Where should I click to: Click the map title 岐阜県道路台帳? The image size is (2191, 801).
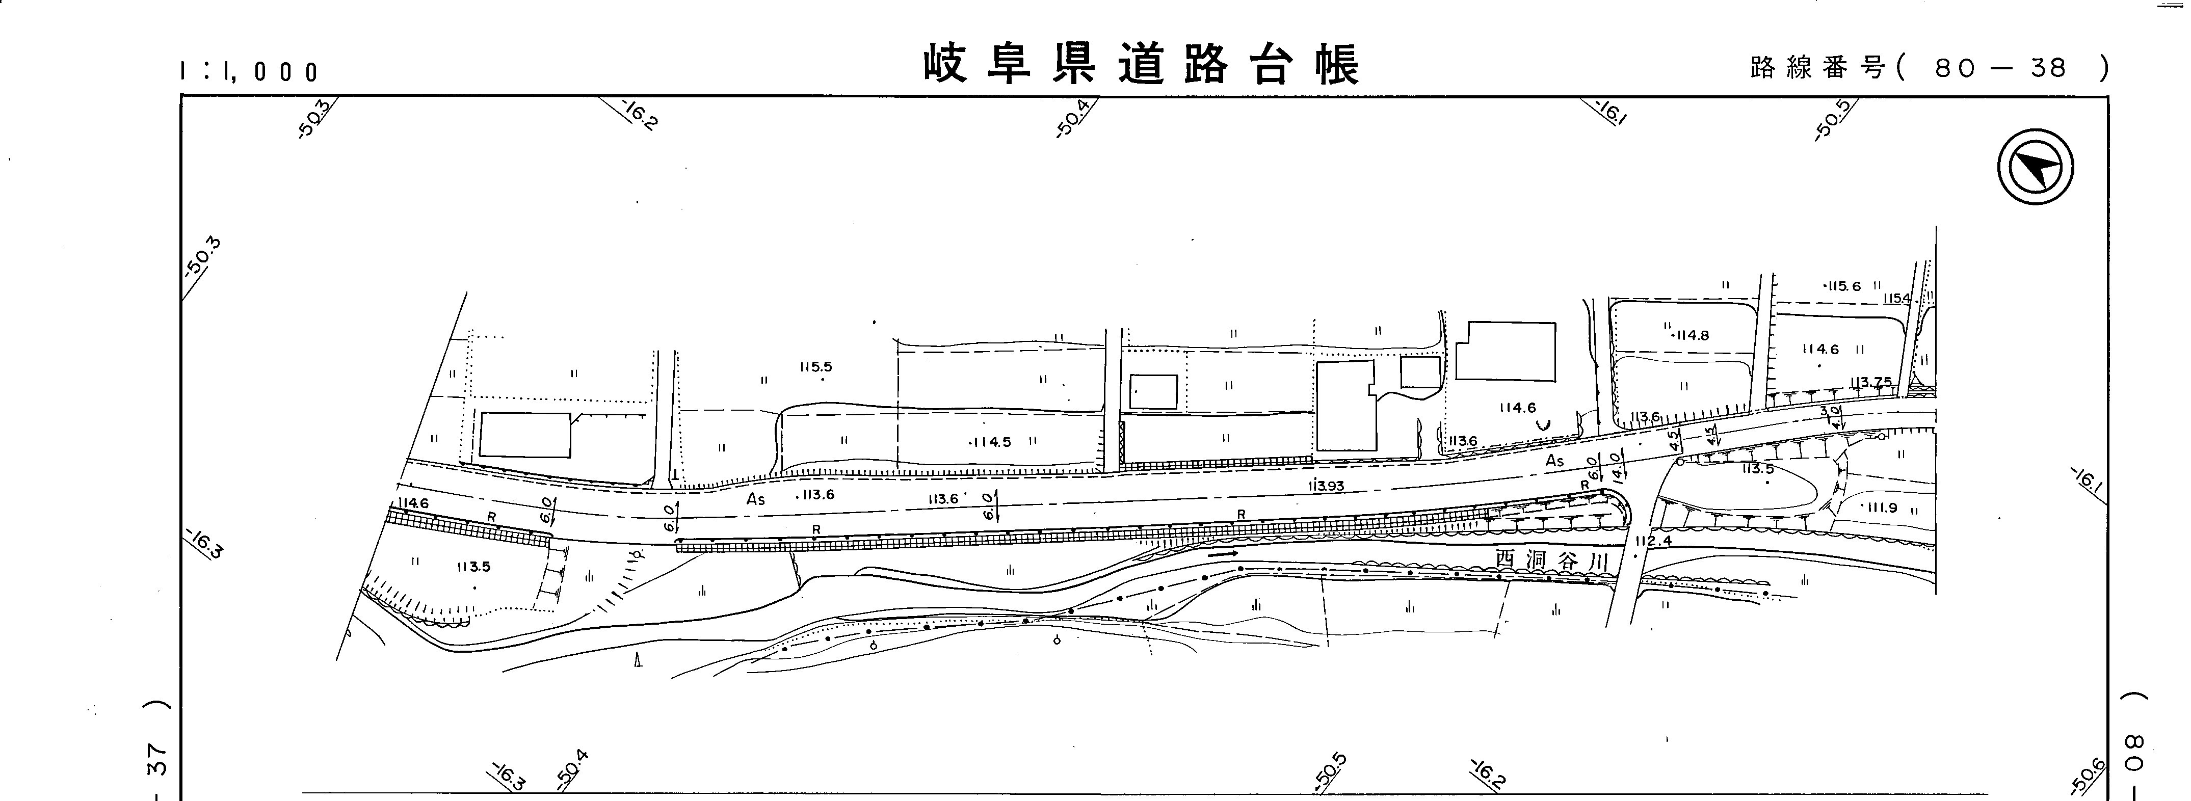pyautogui.click(x=1142, y=65)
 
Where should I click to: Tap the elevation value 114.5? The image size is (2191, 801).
pyautogui.click(x=990, y=442)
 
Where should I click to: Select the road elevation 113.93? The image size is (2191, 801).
pyautogui.click(x=1326, y=486)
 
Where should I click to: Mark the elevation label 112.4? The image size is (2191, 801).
pyautogui.click(x=1653, y=541)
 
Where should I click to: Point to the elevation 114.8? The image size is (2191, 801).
pyautogui.click(x=1689, y=336)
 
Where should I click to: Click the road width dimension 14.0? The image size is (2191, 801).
pyautogui.click(x=1615, y=466)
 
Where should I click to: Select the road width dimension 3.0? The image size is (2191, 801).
pyautogui.click(x=1823, y=412)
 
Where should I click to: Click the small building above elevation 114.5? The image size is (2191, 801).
pyautogui.click(x=1153, y=392)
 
